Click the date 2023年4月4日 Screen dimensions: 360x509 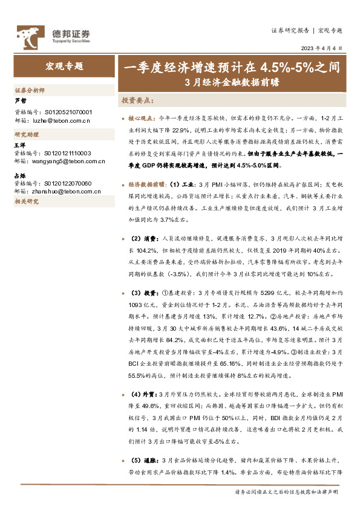click(x=324, y=48)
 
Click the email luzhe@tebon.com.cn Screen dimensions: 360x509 click(x=57, y=120)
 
